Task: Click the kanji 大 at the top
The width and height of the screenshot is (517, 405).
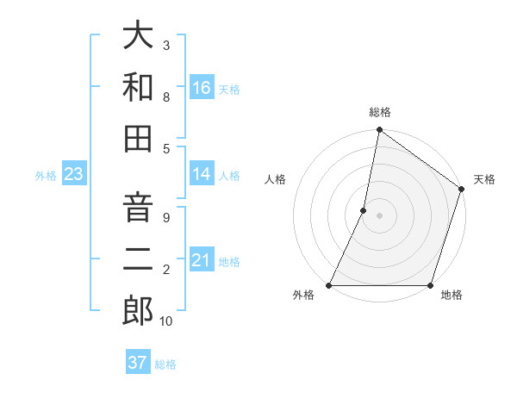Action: pyautogui.click(x=139, y=37)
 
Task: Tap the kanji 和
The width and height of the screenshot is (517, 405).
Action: pyautogui.click(x=139, y=87)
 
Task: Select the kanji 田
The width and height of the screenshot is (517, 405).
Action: pyautogui.click(x=139, y=138)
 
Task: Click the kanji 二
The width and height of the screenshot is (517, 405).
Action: pyautogui.click(x=139, y=259)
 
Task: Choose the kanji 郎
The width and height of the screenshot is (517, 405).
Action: pyautogui.click(x=139, y=310)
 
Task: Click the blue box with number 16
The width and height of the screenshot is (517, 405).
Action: pyautogui.click(x=201, y=88)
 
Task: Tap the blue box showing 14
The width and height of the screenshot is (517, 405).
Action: pyautogui.click(x=201, y=174)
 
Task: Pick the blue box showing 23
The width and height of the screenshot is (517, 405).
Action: pyautogui.click(x=73, y=174)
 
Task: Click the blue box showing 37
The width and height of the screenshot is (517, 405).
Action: pyautogui.click(x=137, y=363)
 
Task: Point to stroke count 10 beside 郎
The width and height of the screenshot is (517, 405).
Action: pyautogui.click(x=165, y=321)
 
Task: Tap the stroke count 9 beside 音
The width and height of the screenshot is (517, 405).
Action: pyautogui.click(x=165, y=217)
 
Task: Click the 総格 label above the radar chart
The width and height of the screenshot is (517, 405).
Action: pyautogui.click(x=380, y=112)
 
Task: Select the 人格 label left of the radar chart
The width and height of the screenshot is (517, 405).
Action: pyautogui.click(x=276, y=179)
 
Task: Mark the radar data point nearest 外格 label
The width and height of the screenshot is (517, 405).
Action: pyautogui.click(x=329, y=285)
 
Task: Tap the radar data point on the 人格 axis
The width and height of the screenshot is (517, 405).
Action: pyautogui.click(x=364, y=210)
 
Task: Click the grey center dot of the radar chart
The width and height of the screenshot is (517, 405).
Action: pyautogui.click(x=379, y=215)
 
